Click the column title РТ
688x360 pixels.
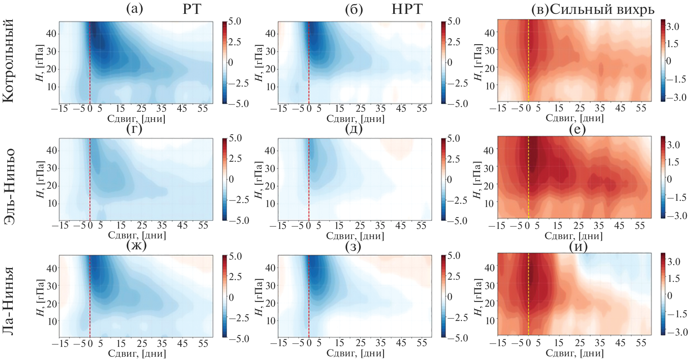pos(192,9)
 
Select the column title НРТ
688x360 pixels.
pos(407,9)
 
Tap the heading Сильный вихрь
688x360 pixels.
pos(602,10)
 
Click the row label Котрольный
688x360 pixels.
pos(9,61)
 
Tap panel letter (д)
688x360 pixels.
pos(353,129)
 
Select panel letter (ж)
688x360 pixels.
pos(136,246)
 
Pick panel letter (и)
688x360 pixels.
pos(578,247)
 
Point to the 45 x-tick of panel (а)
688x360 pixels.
pos(182,108)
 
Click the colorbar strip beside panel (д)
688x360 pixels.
pos(444,179)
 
